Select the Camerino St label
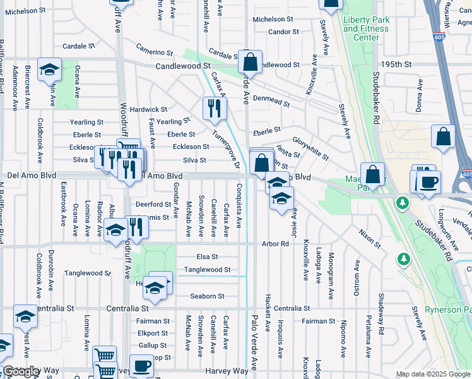coord(155,52)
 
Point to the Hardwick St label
coord(148,109)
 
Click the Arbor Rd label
coord(275,244)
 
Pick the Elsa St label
coord(207,257)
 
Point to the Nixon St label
coord(370,239)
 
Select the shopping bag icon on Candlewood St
coord(251,62)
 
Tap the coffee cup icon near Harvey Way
coord(143,366)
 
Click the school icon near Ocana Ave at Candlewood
coord(49,71)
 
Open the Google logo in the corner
coord(21,371)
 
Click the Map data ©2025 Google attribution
coord(433,374)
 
